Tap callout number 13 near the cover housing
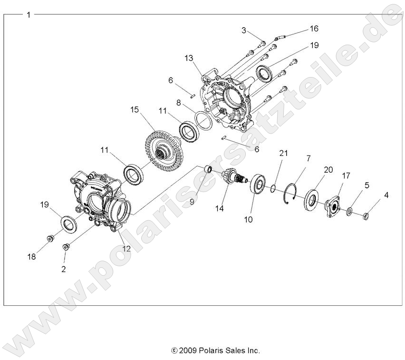(x=189, y=58)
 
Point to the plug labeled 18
(x=50, y=237)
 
